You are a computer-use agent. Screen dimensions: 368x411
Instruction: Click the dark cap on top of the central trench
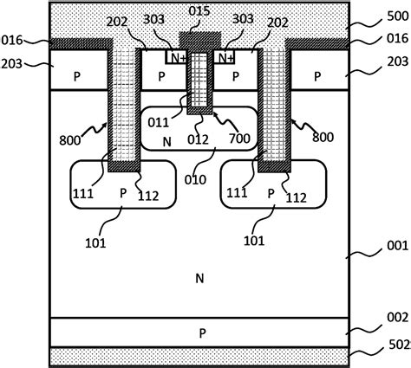199,41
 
